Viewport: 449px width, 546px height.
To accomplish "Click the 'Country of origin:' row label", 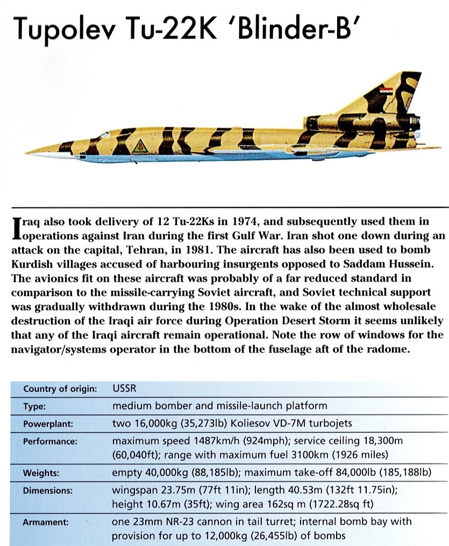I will click(60, 389).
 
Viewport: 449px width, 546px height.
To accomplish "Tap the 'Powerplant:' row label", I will click(47, 423).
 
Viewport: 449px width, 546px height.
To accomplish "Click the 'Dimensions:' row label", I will click(47, 491).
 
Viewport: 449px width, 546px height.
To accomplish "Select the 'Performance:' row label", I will click(50, 441).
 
